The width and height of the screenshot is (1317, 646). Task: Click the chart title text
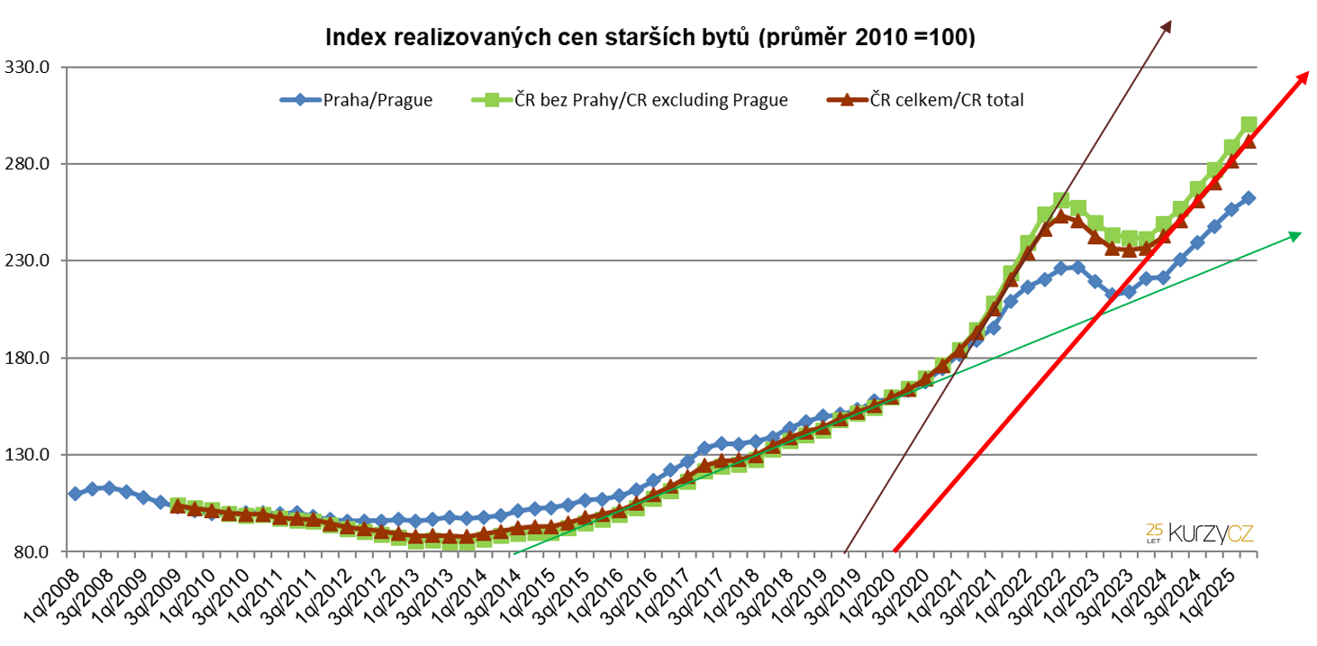(x=649, y=38)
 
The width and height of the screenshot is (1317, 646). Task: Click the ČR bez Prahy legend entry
(x=630, y=100)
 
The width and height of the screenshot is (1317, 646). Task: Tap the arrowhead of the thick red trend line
(x=1303, y=76)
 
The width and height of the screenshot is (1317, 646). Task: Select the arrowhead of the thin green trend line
(x=1296, y=234)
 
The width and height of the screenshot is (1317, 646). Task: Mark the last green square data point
(x=1249, y=125)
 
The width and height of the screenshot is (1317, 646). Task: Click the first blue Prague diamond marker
(x=75, y=494)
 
